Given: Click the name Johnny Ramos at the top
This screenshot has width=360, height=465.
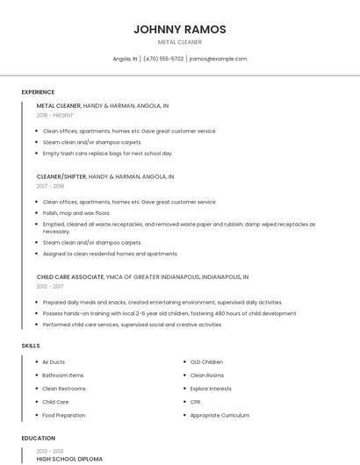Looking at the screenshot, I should click(179, 29).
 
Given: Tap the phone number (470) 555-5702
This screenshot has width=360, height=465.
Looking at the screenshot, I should click(163, 59).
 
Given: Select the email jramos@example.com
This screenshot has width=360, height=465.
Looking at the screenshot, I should click(218, 59).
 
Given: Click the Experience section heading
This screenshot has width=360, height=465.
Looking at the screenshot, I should click(38, 92).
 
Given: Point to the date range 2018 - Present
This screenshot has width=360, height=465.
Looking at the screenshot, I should click(54, 116).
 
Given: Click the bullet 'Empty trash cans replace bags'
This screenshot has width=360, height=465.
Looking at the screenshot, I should click(107, 154).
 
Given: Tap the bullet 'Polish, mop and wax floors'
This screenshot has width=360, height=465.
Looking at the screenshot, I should click(76, 213).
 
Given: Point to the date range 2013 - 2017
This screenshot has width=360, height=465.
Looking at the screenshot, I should click(49, 286).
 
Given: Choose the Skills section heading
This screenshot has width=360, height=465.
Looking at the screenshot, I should click(31, 346).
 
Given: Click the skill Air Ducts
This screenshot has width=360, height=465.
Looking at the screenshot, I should click(54, 361).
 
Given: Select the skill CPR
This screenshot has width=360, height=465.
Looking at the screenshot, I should click(195, 402).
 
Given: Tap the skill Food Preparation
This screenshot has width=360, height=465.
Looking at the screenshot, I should click(63, 416).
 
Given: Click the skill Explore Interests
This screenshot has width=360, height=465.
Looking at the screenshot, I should click(211, 389).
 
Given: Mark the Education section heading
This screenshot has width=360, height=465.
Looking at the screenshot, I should click(38, 438).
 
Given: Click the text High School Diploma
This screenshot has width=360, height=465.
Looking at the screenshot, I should click(69, 459).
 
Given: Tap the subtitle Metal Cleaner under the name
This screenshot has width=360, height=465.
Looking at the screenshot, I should click(179, 42).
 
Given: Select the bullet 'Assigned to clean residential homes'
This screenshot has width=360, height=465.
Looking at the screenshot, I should click(110, 254).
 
